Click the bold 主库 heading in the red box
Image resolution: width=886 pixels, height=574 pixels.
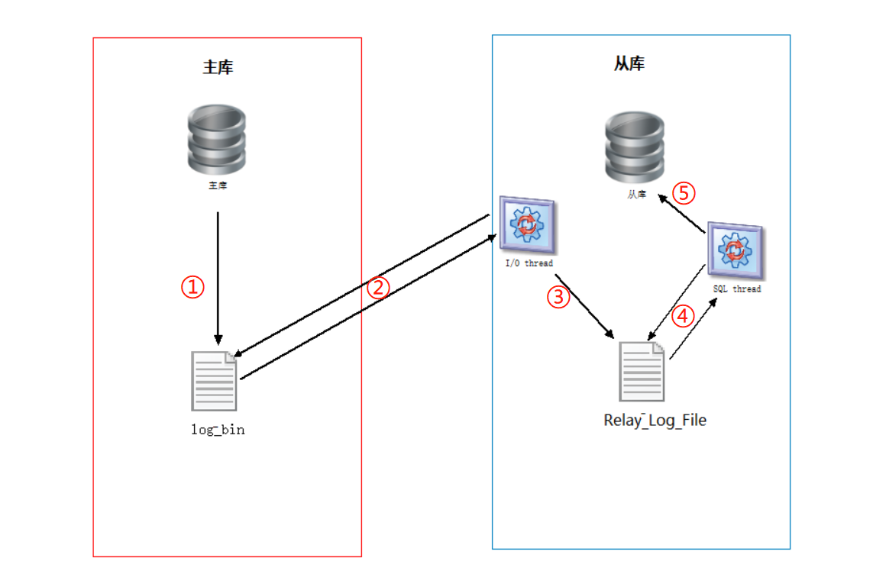pyautogui.click(x=218, y=67)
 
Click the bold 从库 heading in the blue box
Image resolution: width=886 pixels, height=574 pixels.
pyautogui.click(x=629, y=63)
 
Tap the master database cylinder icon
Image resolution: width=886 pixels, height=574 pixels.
pyautogui.click(x=217, y=139)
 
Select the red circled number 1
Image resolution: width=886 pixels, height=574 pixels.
pyautogui.click(x=192, y=287)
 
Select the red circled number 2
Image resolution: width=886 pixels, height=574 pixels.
pyautogui.click(x=379, y=287)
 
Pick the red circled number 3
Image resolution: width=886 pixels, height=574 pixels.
pyautogui.click(x=559, y=297)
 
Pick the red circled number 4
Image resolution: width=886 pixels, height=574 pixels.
pyautogui.click(x=684, y=314)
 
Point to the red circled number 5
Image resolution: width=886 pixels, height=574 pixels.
pyautogui.click(x=684, y=193)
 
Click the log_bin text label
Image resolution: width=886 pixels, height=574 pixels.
pyautogui.click(x=218, y=429)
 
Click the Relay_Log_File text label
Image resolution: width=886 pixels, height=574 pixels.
pyautogui.click(x=655, y=420)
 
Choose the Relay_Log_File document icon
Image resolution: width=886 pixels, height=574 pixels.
pyautogui.click(x=642, y=370)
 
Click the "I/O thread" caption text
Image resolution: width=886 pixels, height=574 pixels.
pyautogui.click(x=529, y=263)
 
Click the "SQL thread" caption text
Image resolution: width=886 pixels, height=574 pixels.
pyautogui.click(x=736, y=289)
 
